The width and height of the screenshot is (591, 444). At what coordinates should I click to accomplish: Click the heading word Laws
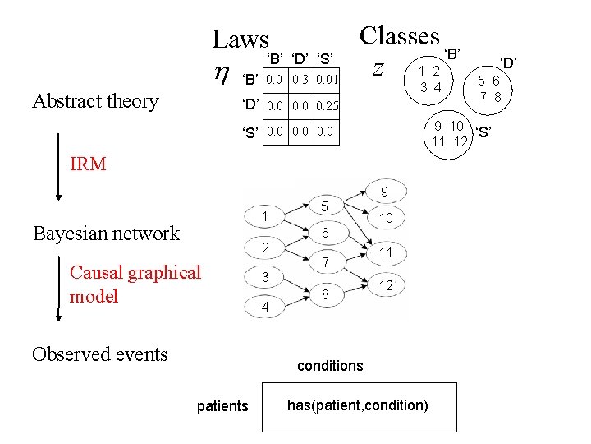[x=241, y=39]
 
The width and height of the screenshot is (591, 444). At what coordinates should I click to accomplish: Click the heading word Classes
[x=400, y=35]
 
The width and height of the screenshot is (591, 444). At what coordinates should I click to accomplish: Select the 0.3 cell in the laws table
[x=301, y=80]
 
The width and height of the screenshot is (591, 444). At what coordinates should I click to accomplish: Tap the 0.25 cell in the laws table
[x=326, y=106]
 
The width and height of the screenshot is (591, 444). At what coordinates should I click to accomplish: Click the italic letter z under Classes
[x=377, y=69]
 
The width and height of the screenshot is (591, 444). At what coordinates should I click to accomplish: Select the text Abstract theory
[x=95, y=101]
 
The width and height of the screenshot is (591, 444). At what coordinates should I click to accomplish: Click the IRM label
[x=88, y=164]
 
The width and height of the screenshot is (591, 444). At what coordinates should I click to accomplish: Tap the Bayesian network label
[x=106, y=234]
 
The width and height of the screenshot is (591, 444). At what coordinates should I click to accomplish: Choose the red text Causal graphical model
[x=135, y=284]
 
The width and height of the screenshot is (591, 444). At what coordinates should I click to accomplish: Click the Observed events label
[x=99, y=354]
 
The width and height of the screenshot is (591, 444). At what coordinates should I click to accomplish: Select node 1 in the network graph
[x=266, y=216]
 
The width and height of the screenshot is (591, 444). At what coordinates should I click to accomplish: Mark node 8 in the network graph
[x=325, y=294]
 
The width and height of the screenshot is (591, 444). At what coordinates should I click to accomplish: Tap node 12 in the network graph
[x=384, y=285]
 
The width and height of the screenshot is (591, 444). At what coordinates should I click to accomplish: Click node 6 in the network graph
[x=325, y=234]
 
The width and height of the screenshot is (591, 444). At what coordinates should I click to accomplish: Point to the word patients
[x=222, y=405]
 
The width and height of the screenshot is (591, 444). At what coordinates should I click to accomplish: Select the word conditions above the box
[x=330, y=365]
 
